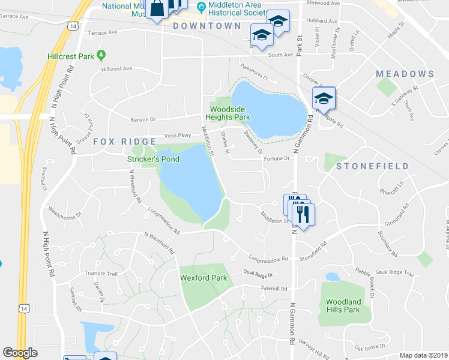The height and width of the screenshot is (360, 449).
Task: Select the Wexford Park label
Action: (203, 278)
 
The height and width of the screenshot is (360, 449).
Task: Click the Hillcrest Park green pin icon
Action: (101, 56)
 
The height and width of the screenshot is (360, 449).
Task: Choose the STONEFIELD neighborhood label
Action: (372, 166)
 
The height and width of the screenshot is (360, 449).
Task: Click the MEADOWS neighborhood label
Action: (405, 74)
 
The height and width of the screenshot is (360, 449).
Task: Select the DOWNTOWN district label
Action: (206, 26)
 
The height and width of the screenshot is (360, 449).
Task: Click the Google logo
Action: (20, 353)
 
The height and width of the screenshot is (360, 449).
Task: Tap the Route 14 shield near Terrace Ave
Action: (72, 26)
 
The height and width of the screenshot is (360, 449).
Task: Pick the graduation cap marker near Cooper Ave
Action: (324, 98)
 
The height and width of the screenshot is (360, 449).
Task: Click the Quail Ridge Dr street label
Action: (258, 275)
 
